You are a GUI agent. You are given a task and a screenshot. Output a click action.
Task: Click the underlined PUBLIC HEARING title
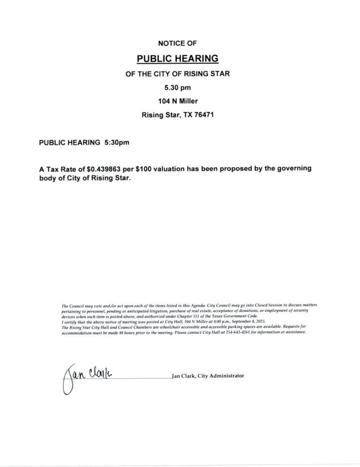pos(178,59)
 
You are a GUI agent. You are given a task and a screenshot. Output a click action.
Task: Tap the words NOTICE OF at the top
pos(178,43)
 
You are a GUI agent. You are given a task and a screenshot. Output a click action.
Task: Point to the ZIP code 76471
pos(204,114)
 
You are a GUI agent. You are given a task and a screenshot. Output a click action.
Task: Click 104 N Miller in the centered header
pos(178,100)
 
